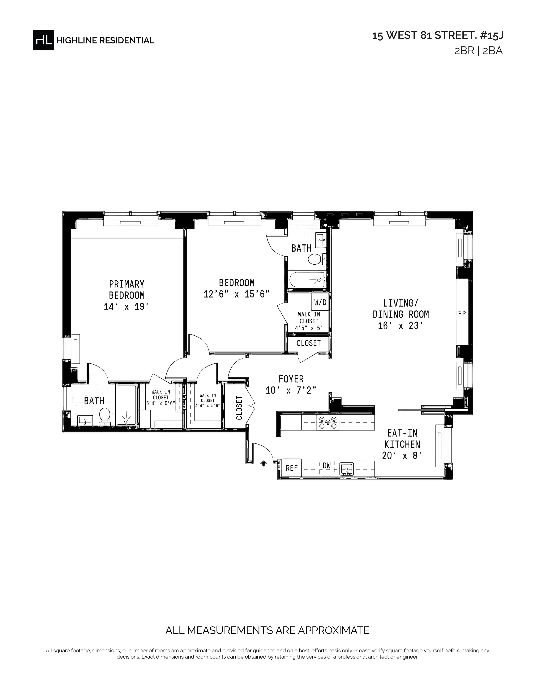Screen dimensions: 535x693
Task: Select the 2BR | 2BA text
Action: point(479,51)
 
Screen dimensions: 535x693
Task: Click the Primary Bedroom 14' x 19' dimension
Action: point(127,307)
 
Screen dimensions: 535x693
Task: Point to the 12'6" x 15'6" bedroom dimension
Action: point(236,294)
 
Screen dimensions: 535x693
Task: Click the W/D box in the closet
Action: point(320,302)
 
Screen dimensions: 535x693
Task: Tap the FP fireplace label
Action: point(462,314)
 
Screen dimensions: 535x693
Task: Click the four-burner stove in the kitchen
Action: point(328,423)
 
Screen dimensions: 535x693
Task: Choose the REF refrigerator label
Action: point(292,468)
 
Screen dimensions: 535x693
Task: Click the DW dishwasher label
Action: point(326,466)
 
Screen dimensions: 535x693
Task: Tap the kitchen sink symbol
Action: point(347,469)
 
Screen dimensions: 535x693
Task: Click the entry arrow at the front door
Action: point(263,464)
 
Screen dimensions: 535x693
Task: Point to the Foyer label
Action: point(291,379)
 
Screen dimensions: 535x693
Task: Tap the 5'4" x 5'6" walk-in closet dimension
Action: point(161,404)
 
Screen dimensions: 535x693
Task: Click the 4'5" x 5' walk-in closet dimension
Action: point(309,328)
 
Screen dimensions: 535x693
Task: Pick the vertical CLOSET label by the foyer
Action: point(239,408)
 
